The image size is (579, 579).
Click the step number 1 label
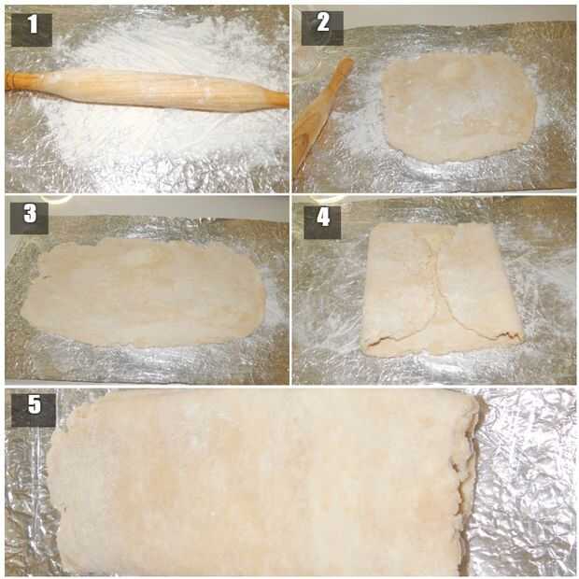(x=32, y=30)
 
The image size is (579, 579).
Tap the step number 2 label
(x=322, y=28)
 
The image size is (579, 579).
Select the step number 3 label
(x=29, y=219)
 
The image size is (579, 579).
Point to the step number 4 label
(x=322, y=222)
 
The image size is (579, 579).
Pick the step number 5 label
(x=34, y=410)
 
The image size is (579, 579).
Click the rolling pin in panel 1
(x=147, y=90)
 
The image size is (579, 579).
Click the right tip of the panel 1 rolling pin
(x=288, y=100)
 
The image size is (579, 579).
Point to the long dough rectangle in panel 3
(x=143, y=292)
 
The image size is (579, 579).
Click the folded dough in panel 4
(x=442, y=289)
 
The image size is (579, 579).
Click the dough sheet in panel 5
(x=264, y=484)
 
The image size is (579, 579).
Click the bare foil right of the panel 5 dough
(x=528, y=484)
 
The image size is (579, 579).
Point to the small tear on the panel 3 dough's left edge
(x=45, y=276)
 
